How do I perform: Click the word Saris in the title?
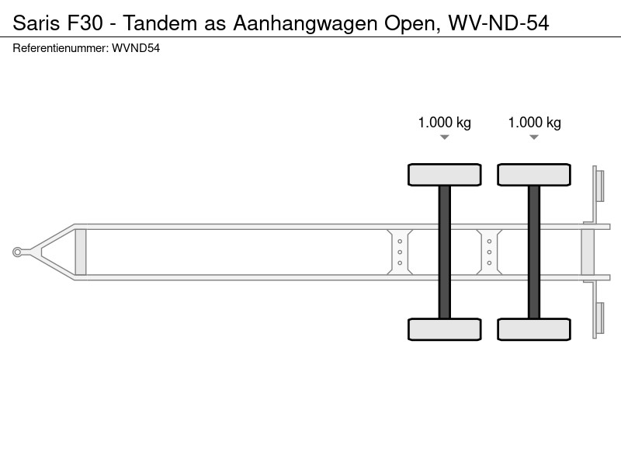[x=37, y=23]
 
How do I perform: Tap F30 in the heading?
[x=85, y=23]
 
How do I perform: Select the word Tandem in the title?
[x=160, y=23]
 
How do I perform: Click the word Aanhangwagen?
[x=305, y=24]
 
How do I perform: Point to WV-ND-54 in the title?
[x=498, y=23]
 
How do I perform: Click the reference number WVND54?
[x=136, y=48]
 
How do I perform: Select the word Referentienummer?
[x=61, y=48]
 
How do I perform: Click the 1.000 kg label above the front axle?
[x=444, y=123]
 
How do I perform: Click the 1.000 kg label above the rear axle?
[x=534, y=123]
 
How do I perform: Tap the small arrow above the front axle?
[x=444, y=137]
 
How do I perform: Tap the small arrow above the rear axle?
[x=534, y=137]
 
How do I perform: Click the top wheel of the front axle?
[x=444, y=175]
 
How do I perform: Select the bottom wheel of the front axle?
[x=444, y=329]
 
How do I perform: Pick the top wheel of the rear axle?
[x=534, y=175]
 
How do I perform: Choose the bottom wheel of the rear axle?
[x=534, y=329]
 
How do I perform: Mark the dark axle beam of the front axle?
[x=444, y=252]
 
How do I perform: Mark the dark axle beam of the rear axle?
[x=534, y=252]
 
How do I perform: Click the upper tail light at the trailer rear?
[x=600, y=186]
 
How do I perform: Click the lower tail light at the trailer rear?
[x=600, y=318]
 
